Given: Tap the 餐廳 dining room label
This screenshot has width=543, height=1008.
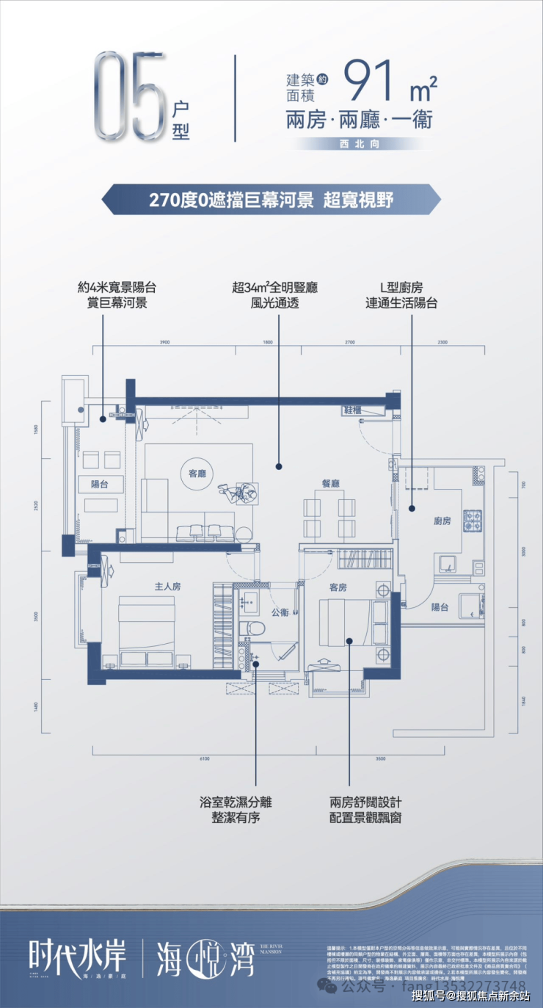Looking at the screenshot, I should (x=331, y=483).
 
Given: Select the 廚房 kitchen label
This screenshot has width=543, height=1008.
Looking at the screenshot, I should (x=442, y=521).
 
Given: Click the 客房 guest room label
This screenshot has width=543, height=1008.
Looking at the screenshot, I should (x=338, y=587).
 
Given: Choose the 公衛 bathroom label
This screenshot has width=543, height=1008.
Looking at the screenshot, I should (x=280, y=612).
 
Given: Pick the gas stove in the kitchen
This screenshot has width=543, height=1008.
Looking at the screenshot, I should (x=473, y=521).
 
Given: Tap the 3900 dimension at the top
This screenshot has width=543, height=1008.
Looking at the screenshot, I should (x=164, y=342).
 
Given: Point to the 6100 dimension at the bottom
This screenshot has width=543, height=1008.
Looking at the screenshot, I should (x=203, y=758).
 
